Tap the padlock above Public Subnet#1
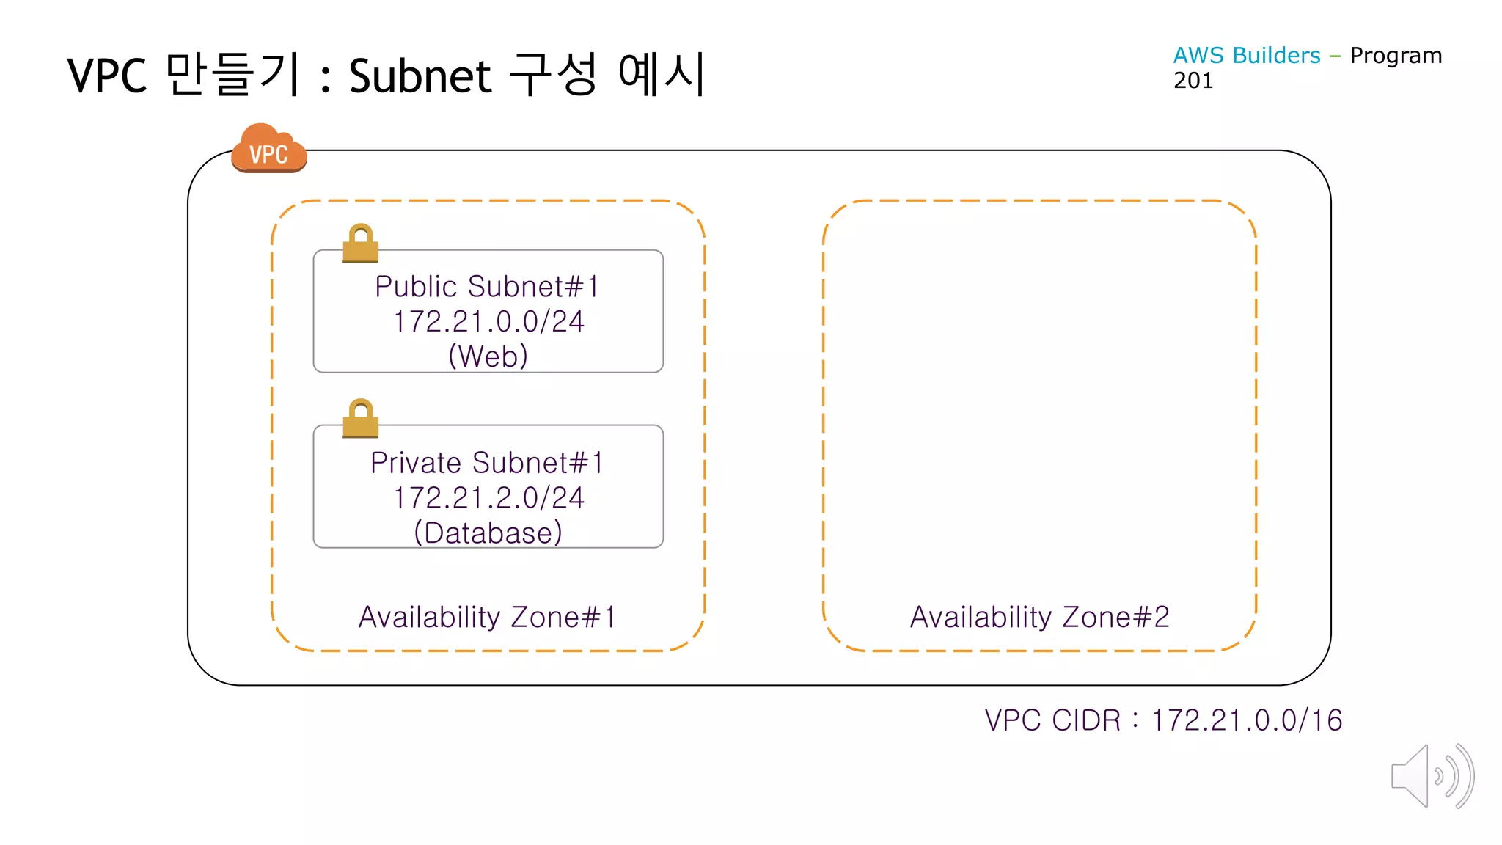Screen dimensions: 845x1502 [360, 243]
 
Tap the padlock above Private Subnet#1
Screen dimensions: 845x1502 [360, 418]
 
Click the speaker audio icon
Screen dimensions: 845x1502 [1432, 776]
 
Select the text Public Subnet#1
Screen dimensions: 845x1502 [488, 287]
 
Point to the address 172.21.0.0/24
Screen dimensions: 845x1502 [488, 322]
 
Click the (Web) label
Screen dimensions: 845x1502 [488, 356]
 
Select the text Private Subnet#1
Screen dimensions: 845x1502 [488, 463]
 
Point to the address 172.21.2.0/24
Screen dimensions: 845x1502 [488, 498]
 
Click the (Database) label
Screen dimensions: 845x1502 [488, 533]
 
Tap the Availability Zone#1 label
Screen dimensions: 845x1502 [487, 618]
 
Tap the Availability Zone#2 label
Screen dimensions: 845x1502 [1039, 618]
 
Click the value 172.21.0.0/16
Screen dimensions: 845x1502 [1247, 720]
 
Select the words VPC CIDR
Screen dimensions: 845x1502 [1052, 720]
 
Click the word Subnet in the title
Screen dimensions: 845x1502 [420, 76]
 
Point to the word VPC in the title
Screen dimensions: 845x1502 [107, 76]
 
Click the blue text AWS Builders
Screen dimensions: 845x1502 [1246, 56]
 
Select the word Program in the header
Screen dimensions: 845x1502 [1396, 56]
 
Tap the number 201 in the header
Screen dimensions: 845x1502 [1193, 81]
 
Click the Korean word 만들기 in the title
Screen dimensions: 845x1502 [232, 74]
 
